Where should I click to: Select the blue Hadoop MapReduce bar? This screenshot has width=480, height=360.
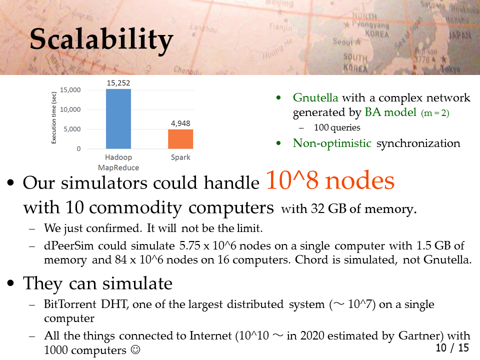(118, 119)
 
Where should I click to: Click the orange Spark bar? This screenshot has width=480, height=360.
(180, 139)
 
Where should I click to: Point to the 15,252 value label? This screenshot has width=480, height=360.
(118, 83)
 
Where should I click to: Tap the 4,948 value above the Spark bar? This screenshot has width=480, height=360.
(180, 123)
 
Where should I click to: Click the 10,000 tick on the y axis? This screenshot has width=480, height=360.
(70, 109)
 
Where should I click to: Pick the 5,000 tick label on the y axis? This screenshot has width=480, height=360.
(72, 129)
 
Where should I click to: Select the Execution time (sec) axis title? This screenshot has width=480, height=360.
(54, 117)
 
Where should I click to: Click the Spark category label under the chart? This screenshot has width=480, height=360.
(180, 157)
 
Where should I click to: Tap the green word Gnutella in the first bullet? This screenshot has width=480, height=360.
(315, 97)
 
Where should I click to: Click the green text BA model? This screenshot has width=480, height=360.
(390, 112)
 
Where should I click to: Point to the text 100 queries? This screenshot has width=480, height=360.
(337, 127)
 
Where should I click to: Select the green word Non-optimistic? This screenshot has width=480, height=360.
(332, 143)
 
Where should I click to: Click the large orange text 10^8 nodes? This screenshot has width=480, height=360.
(330, 180)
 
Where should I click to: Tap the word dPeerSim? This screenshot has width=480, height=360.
(69, 246)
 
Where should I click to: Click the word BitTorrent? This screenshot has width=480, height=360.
(70, 304)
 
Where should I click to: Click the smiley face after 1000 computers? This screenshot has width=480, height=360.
(135, 349)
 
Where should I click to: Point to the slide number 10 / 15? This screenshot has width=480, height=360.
(452, 348)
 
